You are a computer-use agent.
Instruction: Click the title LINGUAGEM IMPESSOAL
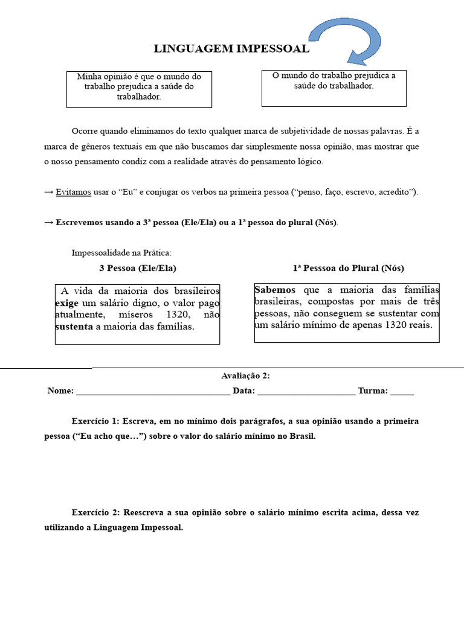(231, 49)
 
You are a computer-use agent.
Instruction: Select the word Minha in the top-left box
(89, 77)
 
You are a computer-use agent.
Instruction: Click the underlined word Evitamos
(74, 192)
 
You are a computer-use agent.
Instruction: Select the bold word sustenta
(74, 327)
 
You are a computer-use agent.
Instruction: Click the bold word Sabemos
(275, 289)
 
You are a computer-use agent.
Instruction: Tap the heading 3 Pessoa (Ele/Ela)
(138, 268)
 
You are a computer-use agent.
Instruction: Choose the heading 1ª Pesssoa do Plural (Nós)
(348, 268)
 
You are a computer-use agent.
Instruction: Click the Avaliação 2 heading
(245, 376)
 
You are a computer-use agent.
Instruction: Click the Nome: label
(60, 391)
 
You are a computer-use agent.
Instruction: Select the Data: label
(244, 391)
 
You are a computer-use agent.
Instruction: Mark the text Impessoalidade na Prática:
(121, 252)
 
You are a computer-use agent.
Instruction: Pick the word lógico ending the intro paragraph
(309, 162)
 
